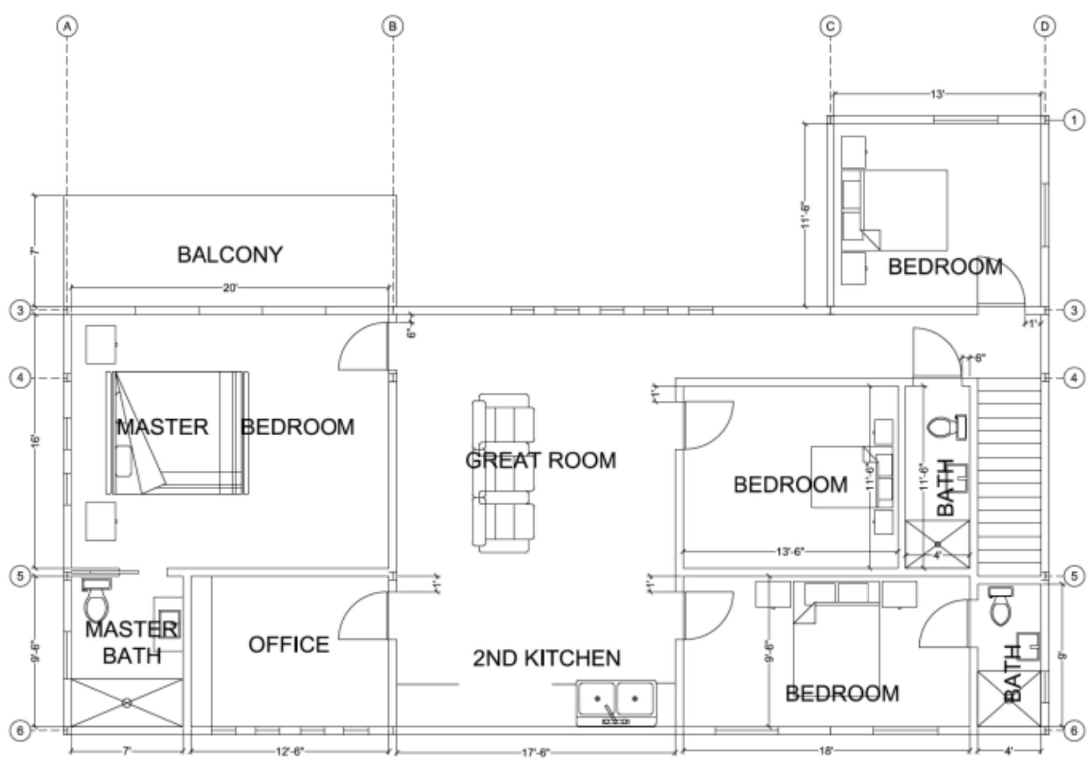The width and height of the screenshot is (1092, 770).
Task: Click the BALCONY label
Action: [230, 255]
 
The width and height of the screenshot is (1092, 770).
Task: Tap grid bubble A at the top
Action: [68, 27]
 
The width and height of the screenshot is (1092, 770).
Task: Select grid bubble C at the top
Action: [830, 27]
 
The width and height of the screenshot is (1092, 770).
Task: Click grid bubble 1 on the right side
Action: [1073, 121]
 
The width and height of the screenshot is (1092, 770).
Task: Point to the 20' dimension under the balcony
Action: [230, 288]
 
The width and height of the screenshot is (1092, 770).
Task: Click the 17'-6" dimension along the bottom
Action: [536, 753]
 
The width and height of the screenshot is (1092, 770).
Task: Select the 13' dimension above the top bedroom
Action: [936, 94]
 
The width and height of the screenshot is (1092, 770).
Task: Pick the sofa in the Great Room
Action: [504, 473]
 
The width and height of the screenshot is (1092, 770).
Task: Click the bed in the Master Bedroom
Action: [177, 433]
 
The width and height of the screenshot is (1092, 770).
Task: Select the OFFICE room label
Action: [289, 645]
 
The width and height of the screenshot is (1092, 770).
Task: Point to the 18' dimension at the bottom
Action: [825, 752]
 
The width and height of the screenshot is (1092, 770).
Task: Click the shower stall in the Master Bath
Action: [126, 703]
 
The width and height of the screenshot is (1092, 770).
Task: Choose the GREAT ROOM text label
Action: [540, 461]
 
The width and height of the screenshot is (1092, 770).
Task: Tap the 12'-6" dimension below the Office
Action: [290, 752]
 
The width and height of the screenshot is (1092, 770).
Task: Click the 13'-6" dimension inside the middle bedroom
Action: [790, 552]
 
